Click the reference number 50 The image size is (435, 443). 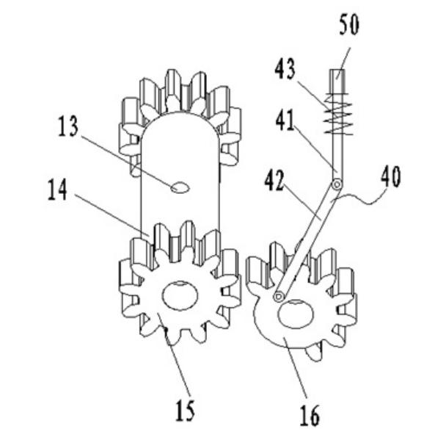click(x=349, y=25)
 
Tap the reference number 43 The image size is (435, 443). click(x=285, y=68)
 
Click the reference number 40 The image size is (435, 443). click(x=391, y=176)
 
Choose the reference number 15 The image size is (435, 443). click(x=185, y=411)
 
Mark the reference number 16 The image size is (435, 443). click(x=310, y=415)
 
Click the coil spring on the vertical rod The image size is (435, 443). click(x=338, y=114)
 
